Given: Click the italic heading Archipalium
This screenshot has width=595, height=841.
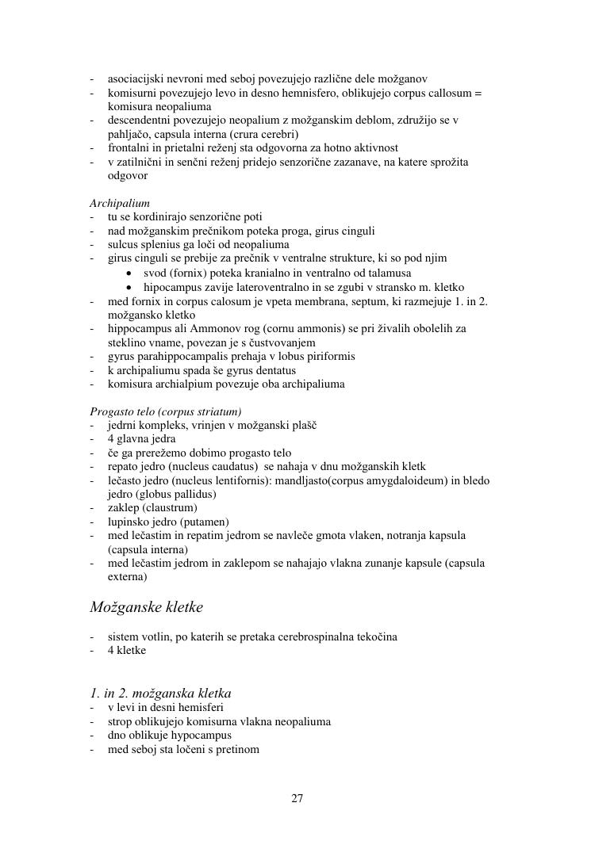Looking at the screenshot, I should click(119, 203).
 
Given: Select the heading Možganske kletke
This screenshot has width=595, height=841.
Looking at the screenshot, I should click(146, 608).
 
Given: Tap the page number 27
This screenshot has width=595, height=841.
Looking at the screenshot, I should click(297, 798).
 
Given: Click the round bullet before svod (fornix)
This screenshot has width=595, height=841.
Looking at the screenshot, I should click(130, 273).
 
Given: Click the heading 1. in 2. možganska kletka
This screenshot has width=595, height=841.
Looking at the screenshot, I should click(160, 693).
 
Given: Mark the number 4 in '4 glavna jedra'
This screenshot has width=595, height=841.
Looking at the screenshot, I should click(111, 438).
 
